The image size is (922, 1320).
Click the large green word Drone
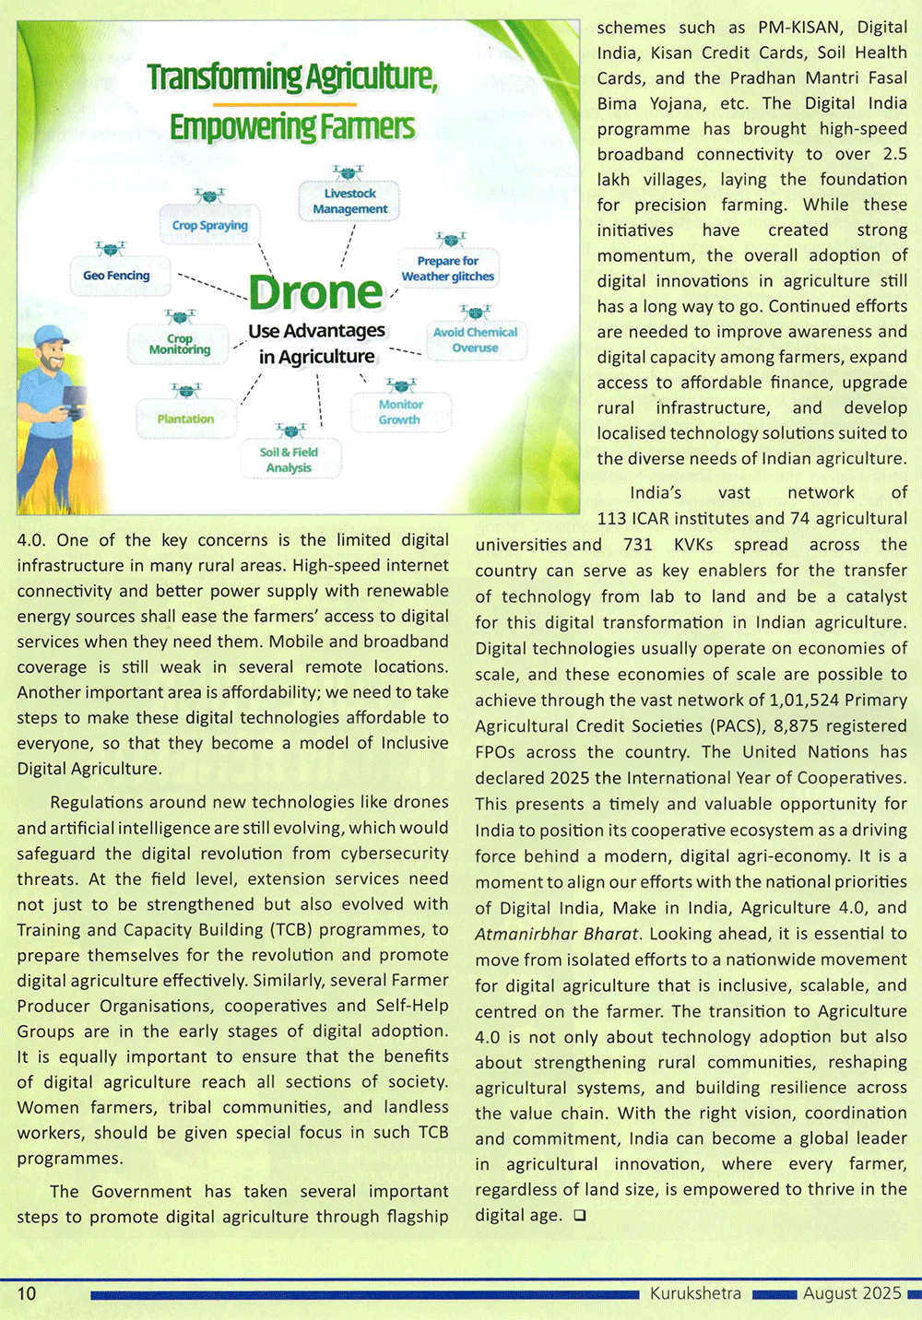[x=315, y=293]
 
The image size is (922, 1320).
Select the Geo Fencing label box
[x=116, y=276]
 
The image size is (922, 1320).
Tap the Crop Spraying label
[x=210, y=225]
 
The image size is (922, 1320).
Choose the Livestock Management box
[x=349, y=201]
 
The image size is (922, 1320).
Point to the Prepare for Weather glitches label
[x=448, y=268]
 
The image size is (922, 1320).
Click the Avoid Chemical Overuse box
[x=475, y=340]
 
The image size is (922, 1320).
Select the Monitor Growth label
[x=400, y=412]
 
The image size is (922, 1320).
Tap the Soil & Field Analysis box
[x=290, y=460]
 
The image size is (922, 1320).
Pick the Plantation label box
[x=185, y=418]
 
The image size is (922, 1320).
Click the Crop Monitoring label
[x=180, y=344]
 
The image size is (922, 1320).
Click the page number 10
[x=27, y=1293]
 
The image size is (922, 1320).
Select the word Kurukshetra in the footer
[x=695, y=1293]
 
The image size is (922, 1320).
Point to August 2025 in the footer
[x=852, y=1293]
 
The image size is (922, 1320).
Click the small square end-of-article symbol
[x=579, y=1215]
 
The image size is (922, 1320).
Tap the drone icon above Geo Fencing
[x=111, y=248]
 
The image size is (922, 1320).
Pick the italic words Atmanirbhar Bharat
[x=556, y=934]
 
